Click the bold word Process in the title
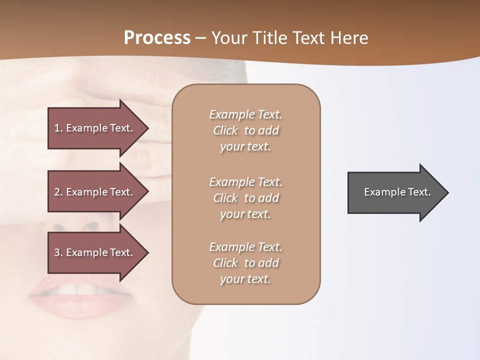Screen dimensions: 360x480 [157, 38]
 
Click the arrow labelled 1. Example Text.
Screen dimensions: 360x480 [95, 128]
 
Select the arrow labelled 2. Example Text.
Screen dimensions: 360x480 [95, 192]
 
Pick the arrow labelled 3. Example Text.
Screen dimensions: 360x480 [95, 252]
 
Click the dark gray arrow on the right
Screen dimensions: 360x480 [395, 192]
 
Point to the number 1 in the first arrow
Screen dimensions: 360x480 [57, 128]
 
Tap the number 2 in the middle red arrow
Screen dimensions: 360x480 [57, 192]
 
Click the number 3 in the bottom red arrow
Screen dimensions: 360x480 [57, 252]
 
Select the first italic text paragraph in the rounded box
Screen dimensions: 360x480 [245, 130]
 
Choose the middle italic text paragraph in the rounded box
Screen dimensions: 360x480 [245, 198]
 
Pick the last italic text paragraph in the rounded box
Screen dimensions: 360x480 [245, 263]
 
